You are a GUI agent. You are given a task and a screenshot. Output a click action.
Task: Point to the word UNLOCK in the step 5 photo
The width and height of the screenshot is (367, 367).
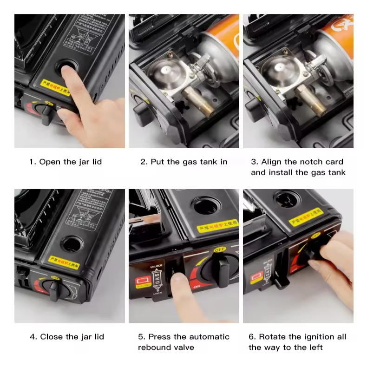pos(156,266)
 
